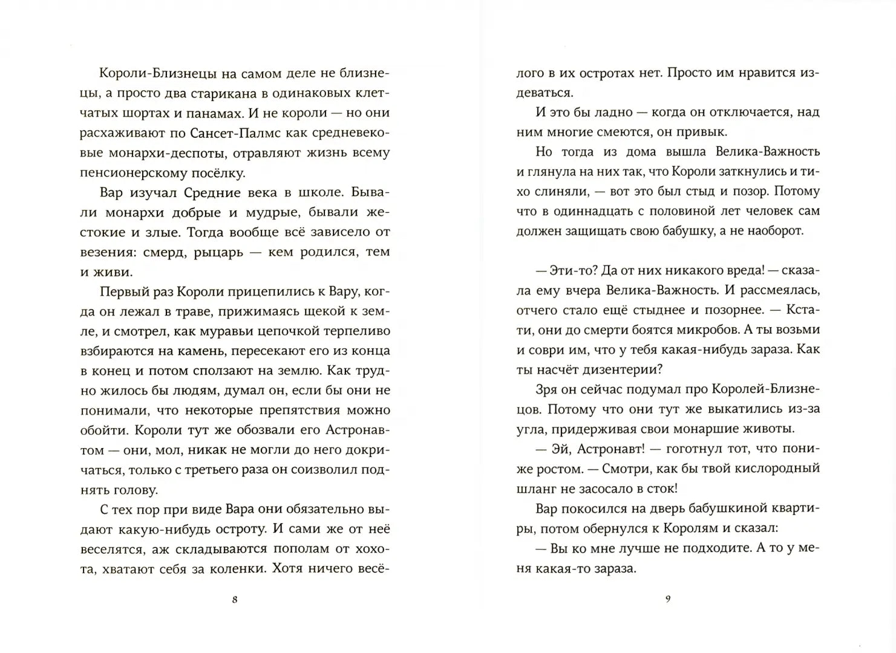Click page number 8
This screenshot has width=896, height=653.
(235, 600)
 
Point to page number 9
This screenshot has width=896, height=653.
(668, 600)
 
